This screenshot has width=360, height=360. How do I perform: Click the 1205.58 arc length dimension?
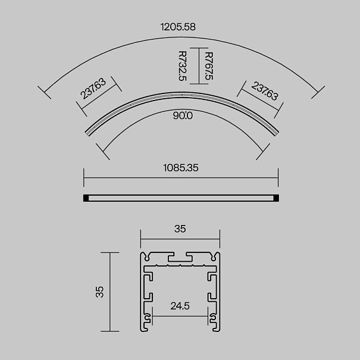point(178,27)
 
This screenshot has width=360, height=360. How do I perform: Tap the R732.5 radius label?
point(183,66)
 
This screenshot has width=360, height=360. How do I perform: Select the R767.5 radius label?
point(209,66)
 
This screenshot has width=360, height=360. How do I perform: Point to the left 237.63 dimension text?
point(93,89)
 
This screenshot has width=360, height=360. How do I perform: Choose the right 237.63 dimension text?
point(265,91)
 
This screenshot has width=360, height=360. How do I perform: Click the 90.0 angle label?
point(183,115)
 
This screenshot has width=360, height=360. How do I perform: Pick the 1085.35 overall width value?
point(181,168)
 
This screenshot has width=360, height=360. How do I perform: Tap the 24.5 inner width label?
point(180,306)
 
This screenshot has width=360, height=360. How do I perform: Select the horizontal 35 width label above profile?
point(180,229)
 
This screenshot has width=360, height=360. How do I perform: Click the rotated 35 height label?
point(100,292)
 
